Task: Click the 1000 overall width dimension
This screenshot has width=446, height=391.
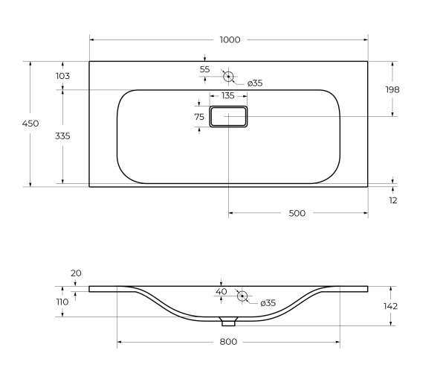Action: (x=230, y=40)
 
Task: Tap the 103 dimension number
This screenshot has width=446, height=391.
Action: (x=62, y=76)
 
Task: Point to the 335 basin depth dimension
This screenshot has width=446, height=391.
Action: (x=62, y=136)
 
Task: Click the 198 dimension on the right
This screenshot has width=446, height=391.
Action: (x=392, y=89)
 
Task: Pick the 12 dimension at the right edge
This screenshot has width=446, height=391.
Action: (x=393, y=200)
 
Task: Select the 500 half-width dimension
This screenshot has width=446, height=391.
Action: (x=297, y=214)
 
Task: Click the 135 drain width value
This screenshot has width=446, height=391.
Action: (x=227, y=96)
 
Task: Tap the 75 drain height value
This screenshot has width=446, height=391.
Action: (x=199, y=117)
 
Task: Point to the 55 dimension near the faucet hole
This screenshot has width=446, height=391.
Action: (x=204, y=69)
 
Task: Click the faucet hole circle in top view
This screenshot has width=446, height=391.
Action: (x=228, y=76)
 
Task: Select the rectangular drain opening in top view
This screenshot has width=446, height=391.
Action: (x=228, y=116)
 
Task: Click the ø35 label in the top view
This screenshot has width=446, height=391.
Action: (x=254, y=83)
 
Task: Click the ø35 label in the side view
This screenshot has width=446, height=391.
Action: (x=268, y=303)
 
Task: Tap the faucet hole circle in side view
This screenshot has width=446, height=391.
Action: (x=242, y=296)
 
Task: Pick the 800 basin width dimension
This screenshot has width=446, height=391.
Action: (x=228, y=342)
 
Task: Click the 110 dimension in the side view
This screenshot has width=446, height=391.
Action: (x=62, y=302)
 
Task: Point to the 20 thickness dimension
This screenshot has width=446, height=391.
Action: (x=76, y=273)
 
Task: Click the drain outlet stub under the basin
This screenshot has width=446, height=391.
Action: (x=229, y=322)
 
